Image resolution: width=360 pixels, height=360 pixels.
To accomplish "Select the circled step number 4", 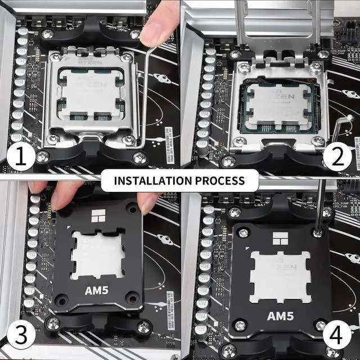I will click(x=336, y=337).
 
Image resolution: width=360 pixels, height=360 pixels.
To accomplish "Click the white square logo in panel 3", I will click(x=99, y=214).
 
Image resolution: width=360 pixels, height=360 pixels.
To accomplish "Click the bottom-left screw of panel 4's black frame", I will click(x=240, y=325).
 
